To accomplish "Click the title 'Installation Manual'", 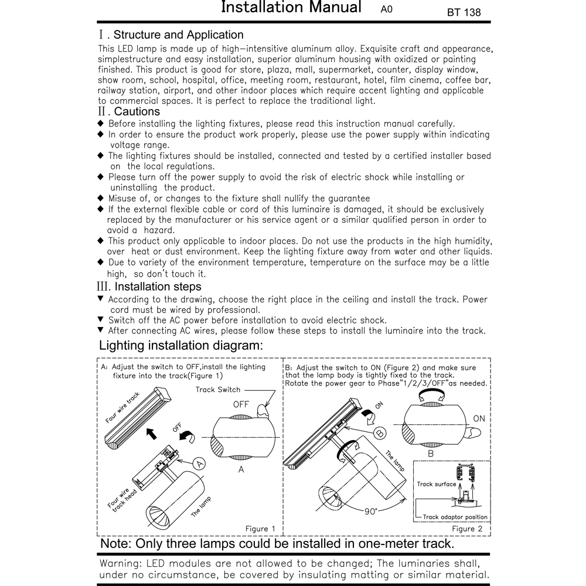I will tap(291, 8).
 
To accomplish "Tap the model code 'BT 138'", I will tap(464, 12).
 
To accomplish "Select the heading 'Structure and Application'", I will tap(178, 35).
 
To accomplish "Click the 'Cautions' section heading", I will tap(137, 111).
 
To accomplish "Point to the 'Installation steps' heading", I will tap(158, 287).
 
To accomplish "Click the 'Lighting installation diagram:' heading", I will tap(181, 346).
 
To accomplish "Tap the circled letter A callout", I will tap(200, 463).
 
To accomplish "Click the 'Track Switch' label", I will tap(218, 390).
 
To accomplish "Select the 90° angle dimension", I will tap(370, 511).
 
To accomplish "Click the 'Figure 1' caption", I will tap(260, 529).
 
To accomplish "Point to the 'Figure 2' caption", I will tap(467, 529).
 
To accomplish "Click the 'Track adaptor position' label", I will tap(455, 517).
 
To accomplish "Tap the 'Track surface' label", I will tap(437, 485).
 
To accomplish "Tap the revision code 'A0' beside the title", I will tap(387, 10).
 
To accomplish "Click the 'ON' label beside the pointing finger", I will tap(479, 418).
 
